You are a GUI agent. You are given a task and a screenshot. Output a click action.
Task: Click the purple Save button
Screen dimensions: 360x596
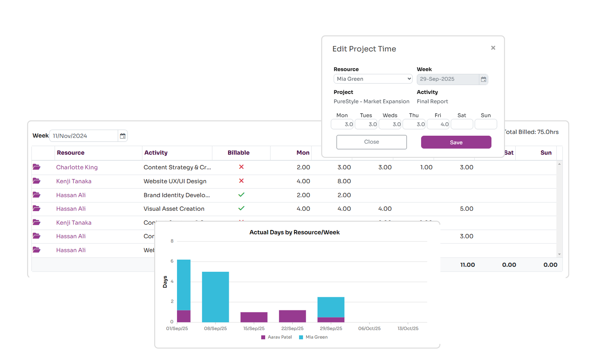click(x=456, y=142)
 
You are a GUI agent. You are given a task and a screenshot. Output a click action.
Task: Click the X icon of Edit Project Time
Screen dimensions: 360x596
click(x=493, y=48)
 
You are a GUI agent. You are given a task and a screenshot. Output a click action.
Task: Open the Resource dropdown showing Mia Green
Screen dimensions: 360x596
click(x=373, y=79)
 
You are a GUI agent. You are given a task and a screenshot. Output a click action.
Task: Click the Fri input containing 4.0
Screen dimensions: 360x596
click(x=438, y=124)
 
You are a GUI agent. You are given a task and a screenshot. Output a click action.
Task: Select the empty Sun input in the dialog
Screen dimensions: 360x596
click(x=485, y=124)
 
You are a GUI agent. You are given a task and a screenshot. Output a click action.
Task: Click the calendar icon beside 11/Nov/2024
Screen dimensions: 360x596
click(x=123, y=136)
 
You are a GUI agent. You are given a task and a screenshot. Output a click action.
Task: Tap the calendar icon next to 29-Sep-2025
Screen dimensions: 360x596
click(x=483, y=79)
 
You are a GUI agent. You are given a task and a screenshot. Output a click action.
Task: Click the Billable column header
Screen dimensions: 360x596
click(x=238, y=153)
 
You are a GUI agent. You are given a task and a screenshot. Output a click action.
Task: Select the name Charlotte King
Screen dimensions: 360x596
click(x=77, y=167)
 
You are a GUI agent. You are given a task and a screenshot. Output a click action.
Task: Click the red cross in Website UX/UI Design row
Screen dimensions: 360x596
click(x=241, y=181)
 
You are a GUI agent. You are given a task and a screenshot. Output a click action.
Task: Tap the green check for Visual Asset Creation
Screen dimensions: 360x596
click(x=241, y=208)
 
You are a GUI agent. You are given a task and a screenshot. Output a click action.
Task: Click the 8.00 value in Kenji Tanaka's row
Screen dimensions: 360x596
click(x=344, y=181)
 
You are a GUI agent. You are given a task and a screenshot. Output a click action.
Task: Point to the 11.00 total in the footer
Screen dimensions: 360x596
click(x=467, y=265)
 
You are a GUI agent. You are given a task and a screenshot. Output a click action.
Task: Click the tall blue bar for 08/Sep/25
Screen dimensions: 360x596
click(x=215, y=296)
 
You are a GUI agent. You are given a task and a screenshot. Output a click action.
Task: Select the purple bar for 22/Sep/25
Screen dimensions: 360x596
click(x=292, y=316)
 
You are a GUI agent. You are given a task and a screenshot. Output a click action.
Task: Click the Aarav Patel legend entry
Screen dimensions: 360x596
click(x=277, y=337)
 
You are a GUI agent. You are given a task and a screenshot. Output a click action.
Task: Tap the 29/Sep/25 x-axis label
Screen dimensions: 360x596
click(x=331, y=329)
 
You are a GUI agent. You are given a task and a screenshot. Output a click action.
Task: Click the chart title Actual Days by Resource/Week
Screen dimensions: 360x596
click(x=294, y=232)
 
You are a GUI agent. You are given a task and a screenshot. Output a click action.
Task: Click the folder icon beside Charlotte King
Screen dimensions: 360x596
click(x=36, y=167)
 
